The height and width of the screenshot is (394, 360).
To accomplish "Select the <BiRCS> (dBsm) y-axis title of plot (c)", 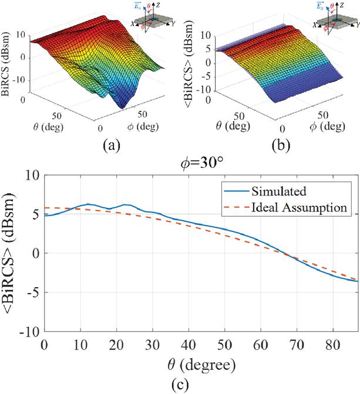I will (x=12, y=254).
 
